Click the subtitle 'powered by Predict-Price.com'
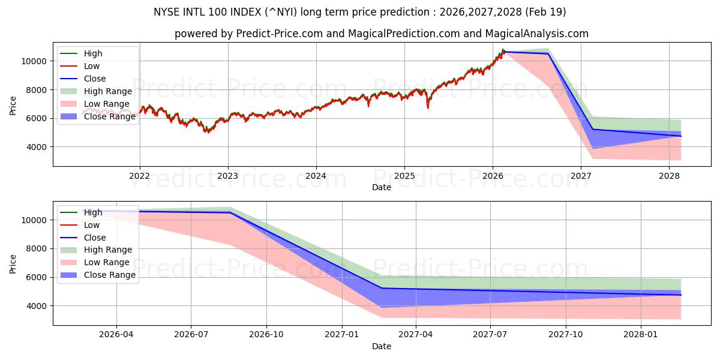point(381,34)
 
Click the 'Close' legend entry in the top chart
point(95,79)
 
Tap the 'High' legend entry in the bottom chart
point(93,212)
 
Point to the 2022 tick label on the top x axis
point(140,175)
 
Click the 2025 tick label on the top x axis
point(404,175)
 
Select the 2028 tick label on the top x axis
point(669,175)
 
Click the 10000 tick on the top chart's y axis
point(34,61)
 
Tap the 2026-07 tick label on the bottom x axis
point(191,334)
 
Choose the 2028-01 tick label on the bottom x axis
point(641,334)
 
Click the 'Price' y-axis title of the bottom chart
point(13,263)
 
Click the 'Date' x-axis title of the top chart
point(381,187)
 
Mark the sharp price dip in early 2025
point(428,107)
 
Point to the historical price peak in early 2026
point(503,49)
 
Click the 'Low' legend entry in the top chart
point(92,66)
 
